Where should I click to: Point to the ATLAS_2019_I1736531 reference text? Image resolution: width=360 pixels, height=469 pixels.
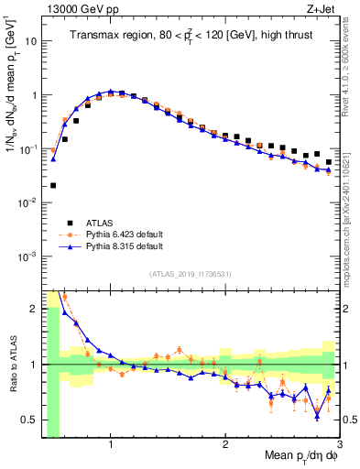[190, 274]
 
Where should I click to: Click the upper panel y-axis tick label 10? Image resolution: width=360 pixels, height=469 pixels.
[30, 41]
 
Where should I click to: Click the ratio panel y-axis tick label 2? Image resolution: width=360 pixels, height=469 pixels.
[34, 309]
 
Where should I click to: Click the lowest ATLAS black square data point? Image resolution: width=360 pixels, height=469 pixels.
[53, 185]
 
